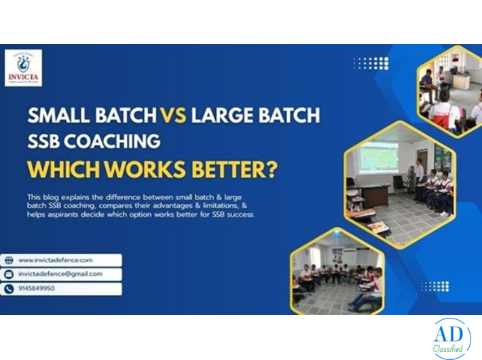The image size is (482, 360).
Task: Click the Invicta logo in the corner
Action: point(22,68)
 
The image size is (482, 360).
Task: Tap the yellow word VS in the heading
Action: point(174,115)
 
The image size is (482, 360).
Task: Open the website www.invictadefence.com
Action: point(56,260)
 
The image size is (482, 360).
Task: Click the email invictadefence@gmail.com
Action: point(60,274)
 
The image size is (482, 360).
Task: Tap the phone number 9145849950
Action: point(37,289)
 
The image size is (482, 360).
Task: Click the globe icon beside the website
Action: point(9,260)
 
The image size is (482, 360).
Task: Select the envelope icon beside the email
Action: point(9,274)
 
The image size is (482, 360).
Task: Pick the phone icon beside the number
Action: point(9,289)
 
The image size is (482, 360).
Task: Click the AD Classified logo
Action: point(449,338)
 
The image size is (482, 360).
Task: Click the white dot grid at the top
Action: point(371,63)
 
